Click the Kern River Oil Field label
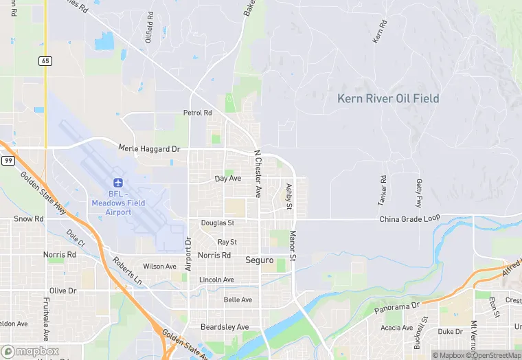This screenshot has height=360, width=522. (x=388, y=99)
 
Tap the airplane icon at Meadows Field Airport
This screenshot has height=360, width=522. (x=117, y=183)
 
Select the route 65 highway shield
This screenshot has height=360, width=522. (x=45, y=61)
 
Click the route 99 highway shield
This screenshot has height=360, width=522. (x=8, y=160)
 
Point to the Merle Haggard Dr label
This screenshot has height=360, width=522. (x=148, y=148)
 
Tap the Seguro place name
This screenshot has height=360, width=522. (x=260, y=260)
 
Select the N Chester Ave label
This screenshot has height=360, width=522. (x=258, y=175)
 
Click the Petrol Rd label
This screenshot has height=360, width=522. (x=197, y=113)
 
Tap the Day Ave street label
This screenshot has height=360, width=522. (x=228, y=179)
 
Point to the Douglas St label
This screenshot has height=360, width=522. (x=218, y=223)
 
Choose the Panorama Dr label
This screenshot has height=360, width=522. (x=396, y=308)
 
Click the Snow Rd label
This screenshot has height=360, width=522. (x=29, y=219)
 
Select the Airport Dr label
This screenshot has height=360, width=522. (x=188, y=254)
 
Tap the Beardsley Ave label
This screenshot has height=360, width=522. (x=224, y=327)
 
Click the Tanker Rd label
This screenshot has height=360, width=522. (x=383, y=191)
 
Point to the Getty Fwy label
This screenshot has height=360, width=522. (x=418, y=193)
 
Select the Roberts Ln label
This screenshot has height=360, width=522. (x=128, y=271)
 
